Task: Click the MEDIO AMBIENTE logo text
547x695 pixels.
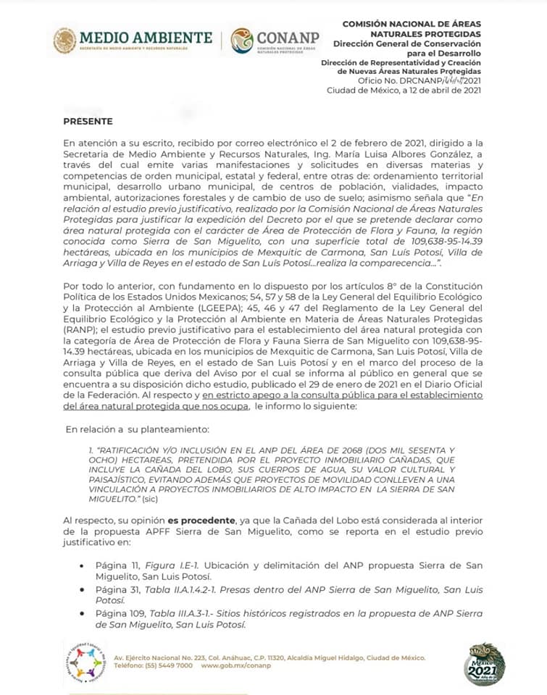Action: (x=146, y=37)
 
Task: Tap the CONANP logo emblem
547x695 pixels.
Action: (x=243, y=41)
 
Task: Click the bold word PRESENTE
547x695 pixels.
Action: (x=88, y=121)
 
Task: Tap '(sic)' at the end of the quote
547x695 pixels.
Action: (x=150, y=500)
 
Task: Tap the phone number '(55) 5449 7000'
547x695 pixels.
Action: (x=169, y=665)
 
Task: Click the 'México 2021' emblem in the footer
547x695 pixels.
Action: (x=483, y=663)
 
